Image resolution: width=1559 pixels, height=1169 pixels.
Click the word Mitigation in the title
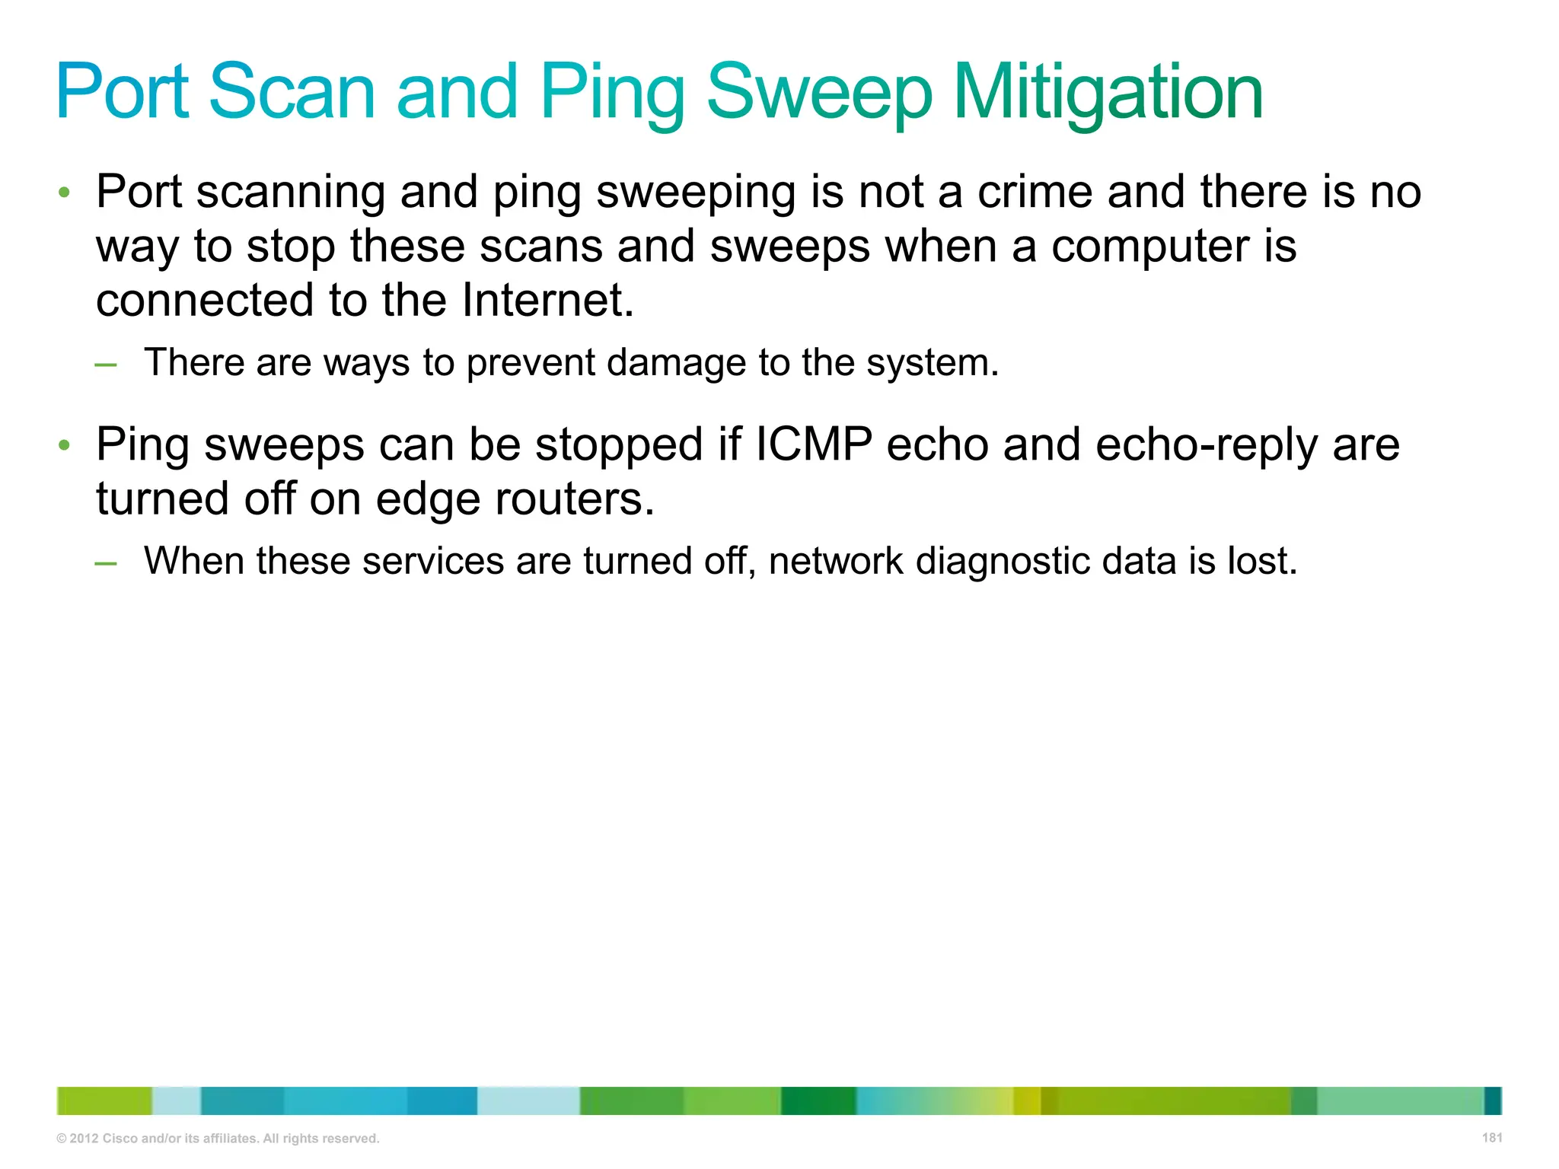click(x=1108, y=93)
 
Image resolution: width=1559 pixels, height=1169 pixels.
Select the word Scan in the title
click(x=292, y=93)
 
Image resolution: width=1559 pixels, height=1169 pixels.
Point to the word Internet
click(x=547, y=300)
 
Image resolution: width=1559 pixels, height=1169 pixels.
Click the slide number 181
click(x=1492, y=1138)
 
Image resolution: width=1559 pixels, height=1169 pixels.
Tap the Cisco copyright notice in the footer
click(x=218, y=1139)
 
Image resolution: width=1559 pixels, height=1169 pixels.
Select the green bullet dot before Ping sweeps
click(x=65, y=444)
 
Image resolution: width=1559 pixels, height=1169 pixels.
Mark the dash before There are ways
click(x=106, y=365)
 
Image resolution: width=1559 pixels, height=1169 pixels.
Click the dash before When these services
click(x=106, y=563)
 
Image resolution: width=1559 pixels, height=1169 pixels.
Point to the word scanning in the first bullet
click(x=291, y=193)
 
